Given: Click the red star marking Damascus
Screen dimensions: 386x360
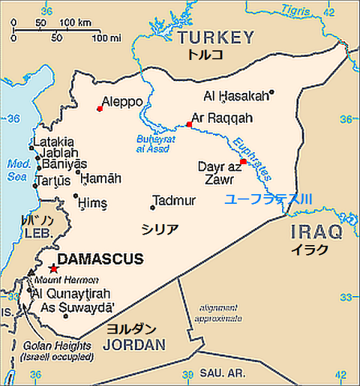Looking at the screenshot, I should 52,268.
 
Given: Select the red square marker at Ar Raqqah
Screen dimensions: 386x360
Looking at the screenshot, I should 189,124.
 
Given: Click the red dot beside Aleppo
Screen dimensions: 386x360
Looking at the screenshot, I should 100,109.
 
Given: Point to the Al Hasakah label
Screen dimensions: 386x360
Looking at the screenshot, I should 235,96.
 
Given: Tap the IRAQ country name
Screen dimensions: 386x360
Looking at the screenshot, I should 315,232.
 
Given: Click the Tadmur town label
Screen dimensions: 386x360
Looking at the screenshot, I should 174,200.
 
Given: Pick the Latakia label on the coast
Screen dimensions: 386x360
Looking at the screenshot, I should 52,141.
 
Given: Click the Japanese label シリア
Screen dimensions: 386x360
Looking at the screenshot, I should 160,229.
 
